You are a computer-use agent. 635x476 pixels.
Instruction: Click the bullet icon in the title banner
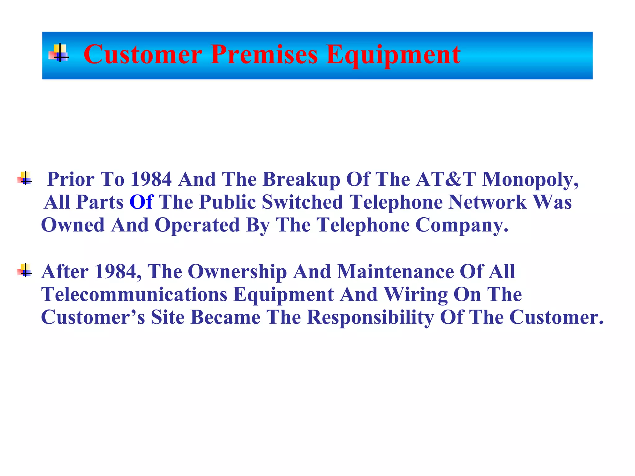tap(59, 53)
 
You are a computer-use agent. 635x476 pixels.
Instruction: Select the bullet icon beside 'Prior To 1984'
tap(25, 178)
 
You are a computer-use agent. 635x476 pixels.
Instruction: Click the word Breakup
tap(301, 180)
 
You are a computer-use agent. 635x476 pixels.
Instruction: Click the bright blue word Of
tap(141, 202)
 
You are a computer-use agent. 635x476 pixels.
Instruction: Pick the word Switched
tap(302, 202)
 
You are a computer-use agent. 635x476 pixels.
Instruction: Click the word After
tap(65, 271)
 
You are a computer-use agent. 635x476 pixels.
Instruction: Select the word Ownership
tap(237, 272)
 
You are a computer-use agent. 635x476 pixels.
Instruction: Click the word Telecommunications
tap(134, 294)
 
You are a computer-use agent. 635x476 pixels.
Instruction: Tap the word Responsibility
tap(370, 318)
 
